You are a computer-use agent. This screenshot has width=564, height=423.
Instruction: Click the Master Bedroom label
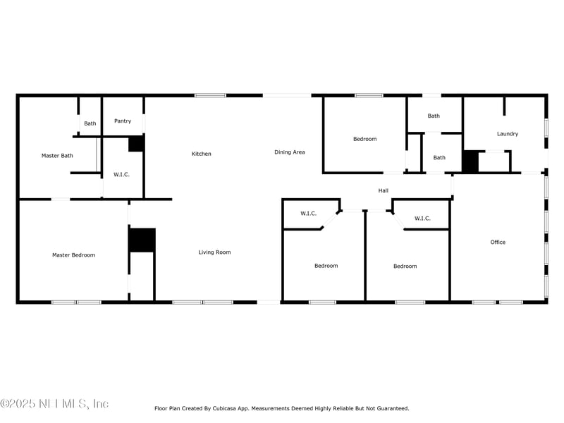point(74,255)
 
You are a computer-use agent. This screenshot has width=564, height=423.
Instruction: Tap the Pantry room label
point(123,121)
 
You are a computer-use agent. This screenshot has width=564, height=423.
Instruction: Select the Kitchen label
point(202,154)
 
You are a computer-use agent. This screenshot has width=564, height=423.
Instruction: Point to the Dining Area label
point(290,152)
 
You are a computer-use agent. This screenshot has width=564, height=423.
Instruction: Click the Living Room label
point(215,252)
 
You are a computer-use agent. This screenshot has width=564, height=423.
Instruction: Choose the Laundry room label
point(508,134)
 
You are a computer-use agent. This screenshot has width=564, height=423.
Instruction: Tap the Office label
point(498,242)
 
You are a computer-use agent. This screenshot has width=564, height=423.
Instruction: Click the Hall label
point(384,190)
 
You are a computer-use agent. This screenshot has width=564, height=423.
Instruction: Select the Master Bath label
point(57,156)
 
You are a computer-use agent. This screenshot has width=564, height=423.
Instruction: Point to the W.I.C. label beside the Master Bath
point(121,174)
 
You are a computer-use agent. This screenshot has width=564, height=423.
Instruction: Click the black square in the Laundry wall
point(470,161)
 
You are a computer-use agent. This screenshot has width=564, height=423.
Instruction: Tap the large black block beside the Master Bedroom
point(142,240)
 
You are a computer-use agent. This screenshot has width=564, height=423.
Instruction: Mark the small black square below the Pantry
point(137,143)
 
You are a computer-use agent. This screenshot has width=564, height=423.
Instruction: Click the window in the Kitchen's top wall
point(210,95)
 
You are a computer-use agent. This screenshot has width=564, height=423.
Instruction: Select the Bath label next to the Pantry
point(90,123)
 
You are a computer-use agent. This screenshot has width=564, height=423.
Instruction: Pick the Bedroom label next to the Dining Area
point(364,139)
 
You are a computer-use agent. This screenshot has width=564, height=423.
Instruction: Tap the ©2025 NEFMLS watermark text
point(54,403)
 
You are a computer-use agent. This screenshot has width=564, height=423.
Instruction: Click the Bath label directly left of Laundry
point(439,157)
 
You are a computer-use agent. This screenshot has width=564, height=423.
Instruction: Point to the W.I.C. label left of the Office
point(422,219)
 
